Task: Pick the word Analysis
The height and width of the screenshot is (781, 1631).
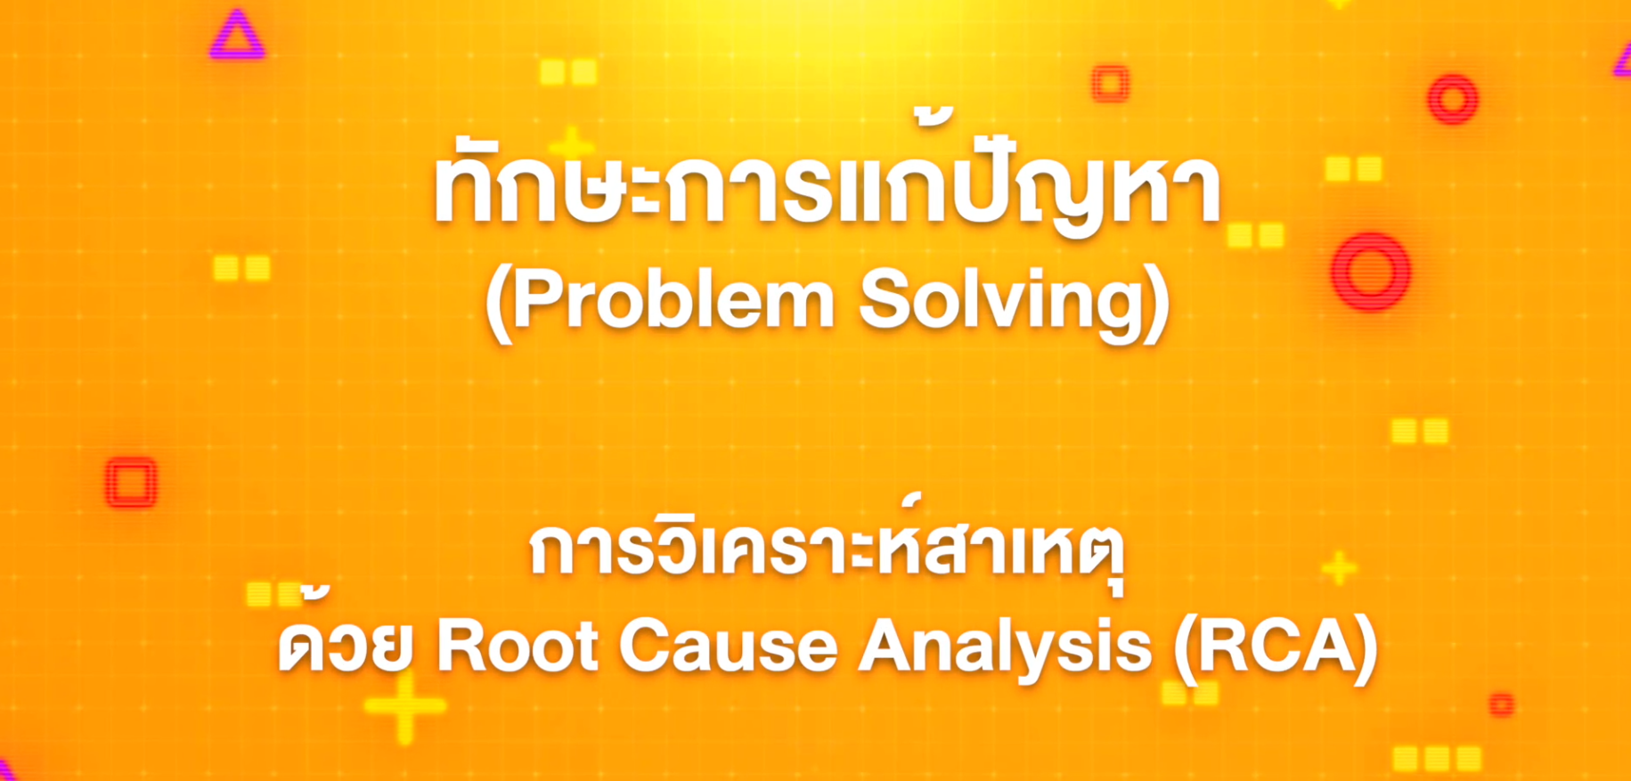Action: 1005,647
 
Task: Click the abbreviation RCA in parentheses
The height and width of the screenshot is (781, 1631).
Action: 1275,647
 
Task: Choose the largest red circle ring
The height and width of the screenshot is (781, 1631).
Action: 1370,272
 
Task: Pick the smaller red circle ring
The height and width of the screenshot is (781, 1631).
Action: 1453,99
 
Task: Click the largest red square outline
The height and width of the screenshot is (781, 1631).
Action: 131,483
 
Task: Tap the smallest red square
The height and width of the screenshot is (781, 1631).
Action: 1502,704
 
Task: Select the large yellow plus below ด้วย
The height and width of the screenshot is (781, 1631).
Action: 404,707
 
